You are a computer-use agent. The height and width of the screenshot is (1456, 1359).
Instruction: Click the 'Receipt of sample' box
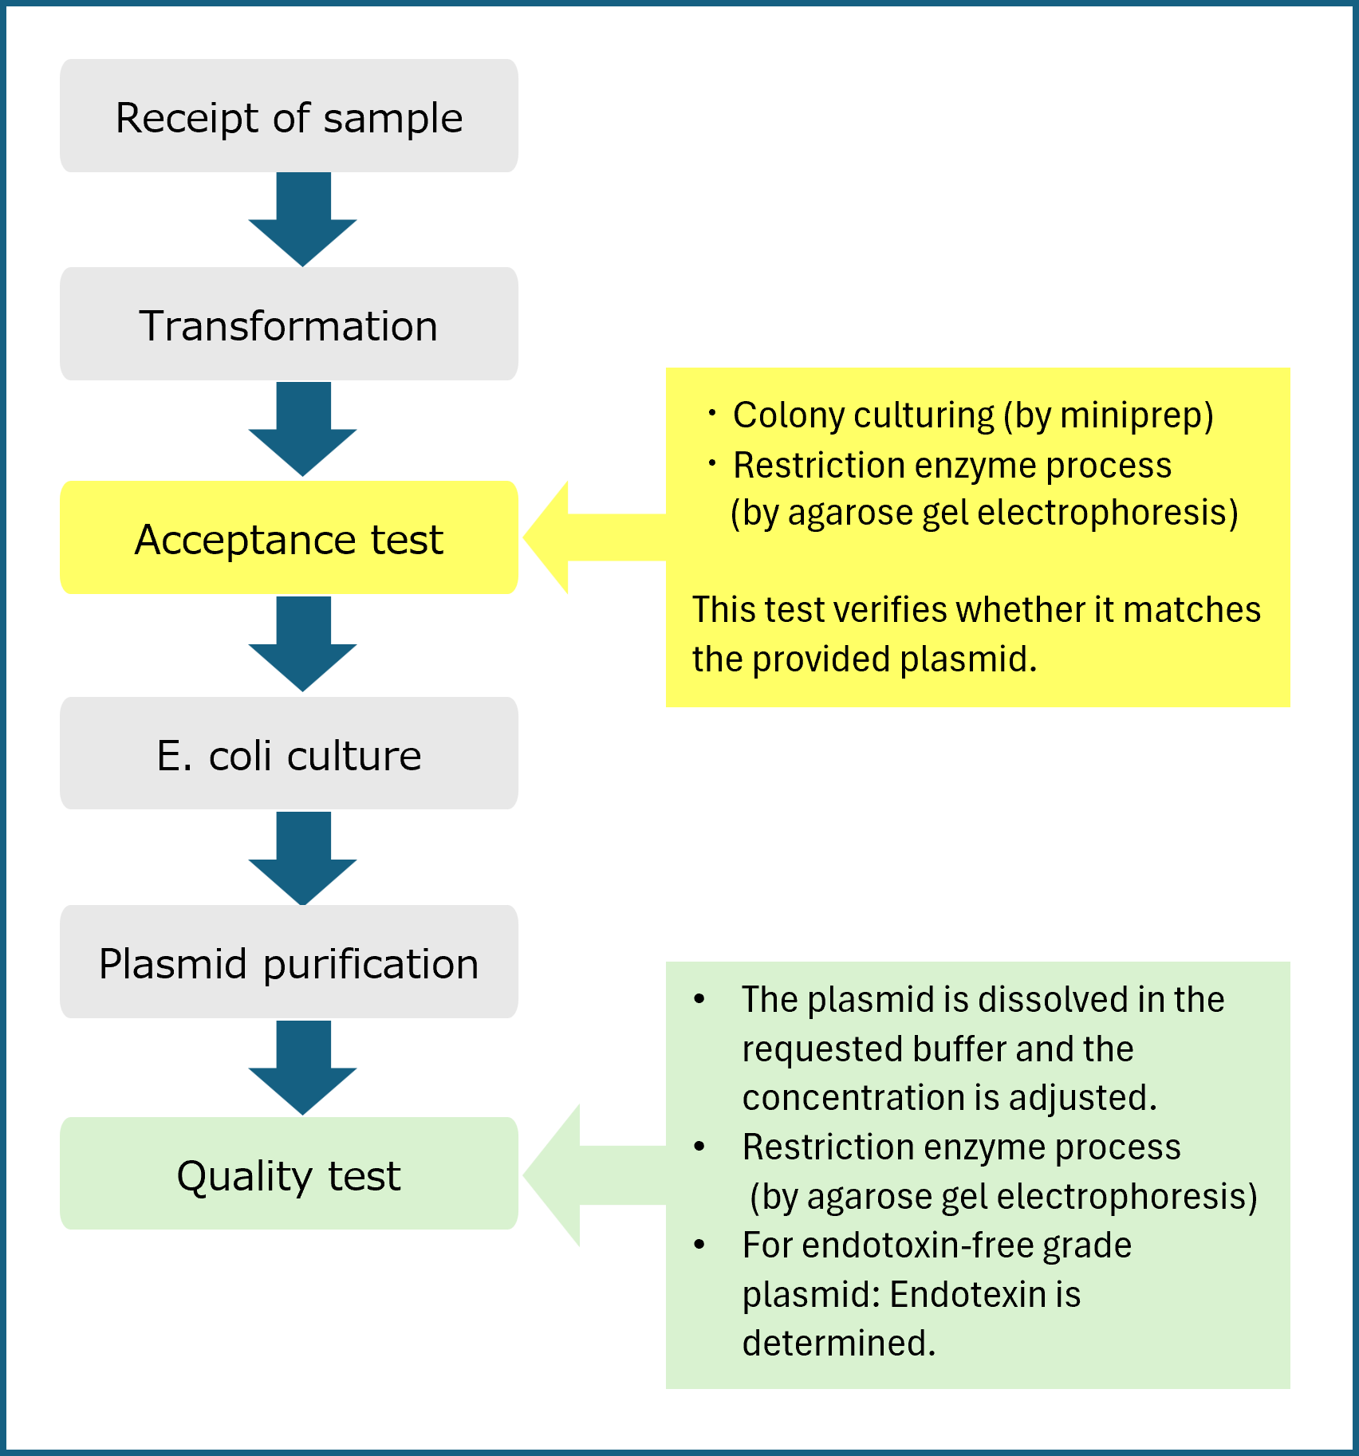[x=289, y=116]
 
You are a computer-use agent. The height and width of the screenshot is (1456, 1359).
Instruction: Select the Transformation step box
[x=289, y=325]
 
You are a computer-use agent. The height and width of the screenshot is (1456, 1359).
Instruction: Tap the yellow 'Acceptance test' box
[x=289, y=538]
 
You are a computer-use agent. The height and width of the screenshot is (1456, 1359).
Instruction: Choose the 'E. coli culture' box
[x=289, y=754]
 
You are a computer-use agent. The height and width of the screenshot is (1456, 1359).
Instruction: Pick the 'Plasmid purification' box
[x=289, y=962]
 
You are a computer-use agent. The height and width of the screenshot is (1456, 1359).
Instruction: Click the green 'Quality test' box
[x=289, y=1175]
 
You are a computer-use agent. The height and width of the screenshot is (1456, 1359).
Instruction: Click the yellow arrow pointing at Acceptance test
[x=590, y=537]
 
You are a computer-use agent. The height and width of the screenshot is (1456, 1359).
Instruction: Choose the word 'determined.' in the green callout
[x=838, y=1344]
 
